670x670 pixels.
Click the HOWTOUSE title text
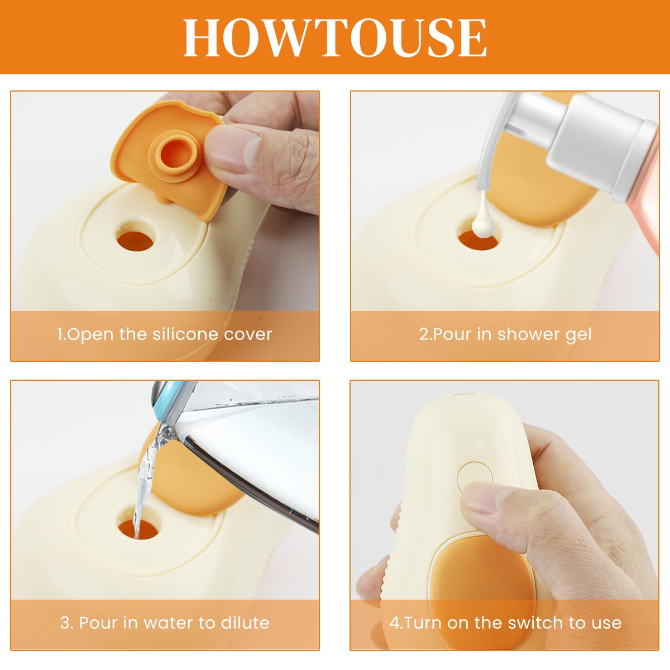[x=335, y=37]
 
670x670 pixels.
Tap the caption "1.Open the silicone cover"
[x=165, y=334]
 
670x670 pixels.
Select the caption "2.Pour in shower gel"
[x=505, y=334]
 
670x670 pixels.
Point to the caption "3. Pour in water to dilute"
[x=165, y=623]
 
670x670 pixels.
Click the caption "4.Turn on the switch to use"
[x=505, y=623]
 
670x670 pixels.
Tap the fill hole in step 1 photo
[x=135, y=240]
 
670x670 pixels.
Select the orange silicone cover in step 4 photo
[x=481, y=591]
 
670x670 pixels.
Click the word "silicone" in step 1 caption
[x=186, y=333]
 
